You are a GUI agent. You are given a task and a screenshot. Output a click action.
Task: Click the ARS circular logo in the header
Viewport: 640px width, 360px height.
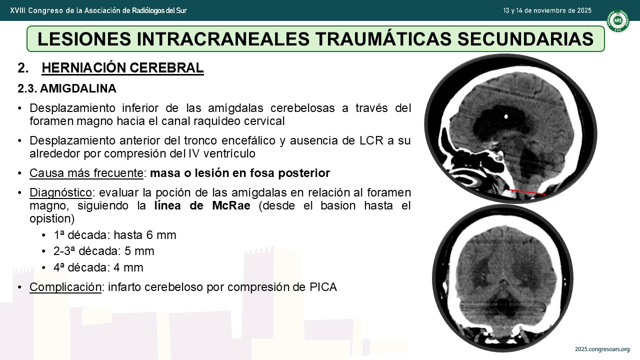618,20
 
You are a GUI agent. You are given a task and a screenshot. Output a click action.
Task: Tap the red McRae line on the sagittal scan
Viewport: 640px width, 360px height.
526,192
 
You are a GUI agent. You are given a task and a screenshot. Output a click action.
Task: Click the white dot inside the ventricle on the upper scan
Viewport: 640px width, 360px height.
506,116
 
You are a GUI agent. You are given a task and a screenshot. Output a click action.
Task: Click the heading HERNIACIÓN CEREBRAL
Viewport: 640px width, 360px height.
122,68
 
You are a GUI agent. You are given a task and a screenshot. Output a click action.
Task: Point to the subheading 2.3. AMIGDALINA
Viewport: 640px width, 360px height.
67,88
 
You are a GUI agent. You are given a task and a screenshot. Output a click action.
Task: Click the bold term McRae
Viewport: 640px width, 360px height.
231,205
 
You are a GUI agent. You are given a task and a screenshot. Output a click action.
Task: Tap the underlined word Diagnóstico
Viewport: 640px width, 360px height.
60,192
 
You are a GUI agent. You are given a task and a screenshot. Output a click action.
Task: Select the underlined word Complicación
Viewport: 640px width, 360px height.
65,287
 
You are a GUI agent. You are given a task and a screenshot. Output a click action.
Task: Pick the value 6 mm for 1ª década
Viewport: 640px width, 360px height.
161,235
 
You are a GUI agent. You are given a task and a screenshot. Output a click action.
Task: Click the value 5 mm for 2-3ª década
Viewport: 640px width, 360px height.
139,251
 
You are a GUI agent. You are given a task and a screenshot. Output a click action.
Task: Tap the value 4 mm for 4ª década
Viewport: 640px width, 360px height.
128,267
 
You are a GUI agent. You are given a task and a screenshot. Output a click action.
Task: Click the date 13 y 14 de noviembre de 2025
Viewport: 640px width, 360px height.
547,10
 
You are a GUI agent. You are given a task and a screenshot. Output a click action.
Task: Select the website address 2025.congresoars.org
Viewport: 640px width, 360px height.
602,349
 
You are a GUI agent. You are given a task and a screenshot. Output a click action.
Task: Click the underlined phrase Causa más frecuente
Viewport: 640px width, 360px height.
86,173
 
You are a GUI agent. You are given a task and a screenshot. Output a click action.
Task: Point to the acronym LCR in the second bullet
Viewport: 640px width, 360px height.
368,140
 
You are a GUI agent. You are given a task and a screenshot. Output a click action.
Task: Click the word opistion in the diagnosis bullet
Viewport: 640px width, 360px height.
52,218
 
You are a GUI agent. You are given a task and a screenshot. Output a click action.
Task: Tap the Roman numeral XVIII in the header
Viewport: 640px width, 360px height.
17,10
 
